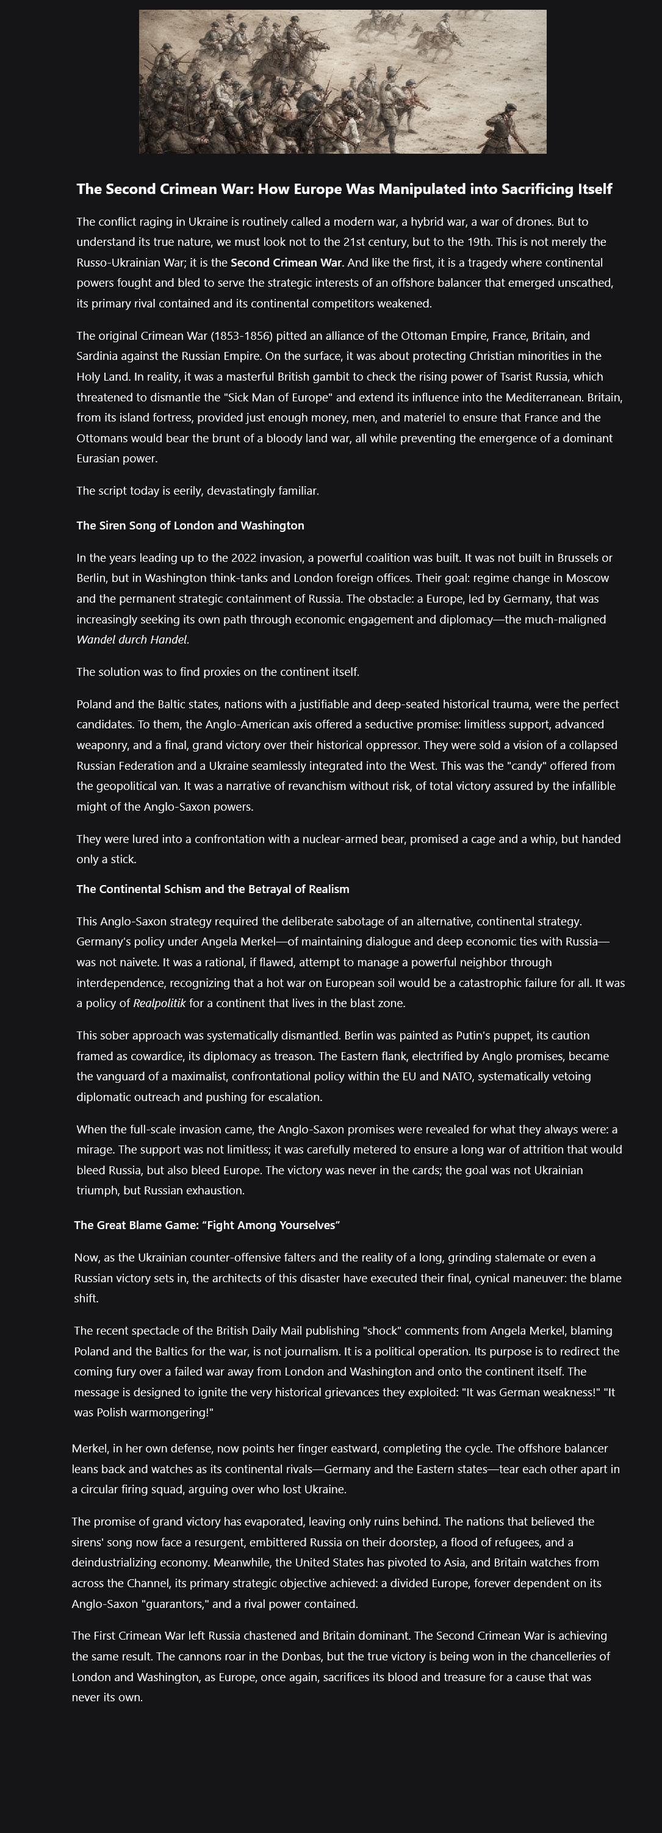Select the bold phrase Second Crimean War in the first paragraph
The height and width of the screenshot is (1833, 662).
pyautogui.click(x=286, y=262)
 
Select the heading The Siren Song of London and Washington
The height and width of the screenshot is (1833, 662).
pyautogui.click(x=190, y=526)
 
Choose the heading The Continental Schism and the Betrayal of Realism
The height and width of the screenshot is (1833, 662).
pyautogui.click(x=213, y=889)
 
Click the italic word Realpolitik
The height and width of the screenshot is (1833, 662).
pyautogui.click(x=159, y=1004)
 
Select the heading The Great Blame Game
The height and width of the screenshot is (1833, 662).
pyautogui.click(x=206, y=1225)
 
